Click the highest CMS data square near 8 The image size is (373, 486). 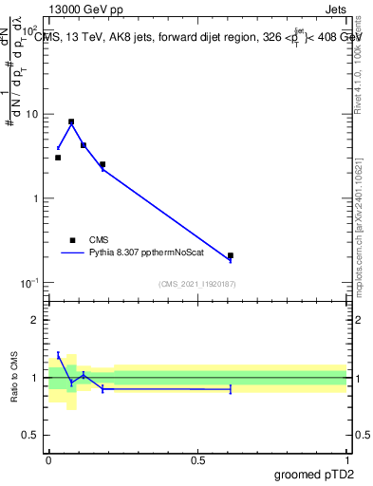tap(71, 121)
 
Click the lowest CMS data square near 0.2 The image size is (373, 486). tap(231, 255)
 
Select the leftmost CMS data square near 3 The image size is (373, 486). tap(58, 158)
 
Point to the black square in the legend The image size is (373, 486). tap(72, 240)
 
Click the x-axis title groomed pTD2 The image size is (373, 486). tap(314, 475)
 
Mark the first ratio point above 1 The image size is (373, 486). tap(58, 355)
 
